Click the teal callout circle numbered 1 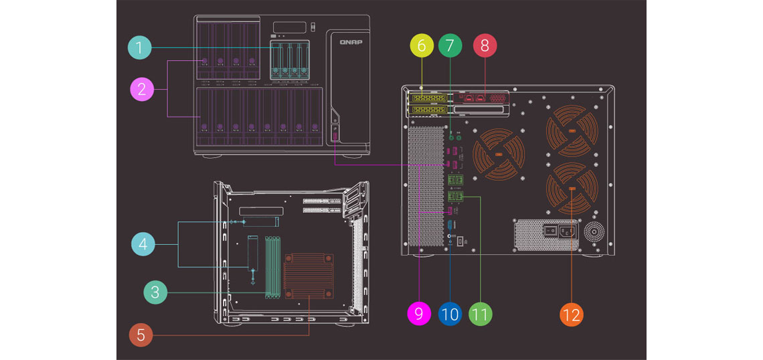pyautogui.click(x=139, y=48)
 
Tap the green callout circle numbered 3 pyautogui.click(x=155, y=291)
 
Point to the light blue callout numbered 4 pyautogui.click(x=143, y=245)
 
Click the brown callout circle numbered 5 pyautogui.click(x=141, y=334)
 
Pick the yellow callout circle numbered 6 pyautogui.click(x=422, y=46)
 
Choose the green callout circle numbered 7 pyautogui.click(x=450, y=46)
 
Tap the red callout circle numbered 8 pyautogui.click(x=485, y=46)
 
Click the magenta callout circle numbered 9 pyautogui.click(x=419, y=313)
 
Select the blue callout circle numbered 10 pyautogui.click(x=450, y=313)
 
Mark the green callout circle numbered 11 pyautogui.click(x=480, y=313)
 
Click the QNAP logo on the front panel pyautogui.click(x=350, y=41)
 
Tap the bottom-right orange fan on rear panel pyautogui.click(x=572, y=191)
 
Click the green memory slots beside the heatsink pyautogui.click(x=272, y=265)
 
